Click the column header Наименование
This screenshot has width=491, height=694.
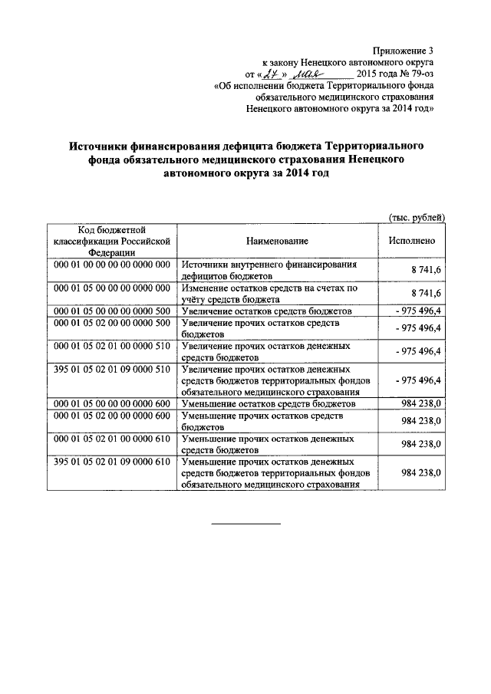pos(277,241)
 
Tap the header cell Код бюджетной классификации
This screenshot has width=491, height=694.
pos(111,241)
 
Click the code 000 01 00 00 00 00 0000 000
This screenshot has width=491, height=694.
pos(111,264)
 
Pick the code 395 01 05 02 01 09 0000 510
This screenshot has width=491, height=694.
pos(111,369)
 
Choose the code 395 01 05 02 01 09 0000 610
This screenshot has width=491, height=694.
pos(111,462)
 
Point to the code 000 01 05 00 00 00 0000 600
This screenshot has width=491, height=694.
pos(111,403)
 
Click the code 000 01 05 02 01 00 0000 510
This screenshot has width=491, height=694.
pos(111,346)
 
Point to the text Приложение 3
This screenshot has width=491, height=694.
pos(407,50)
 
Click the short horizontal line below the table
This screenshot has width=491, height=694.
pos(245,524)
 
